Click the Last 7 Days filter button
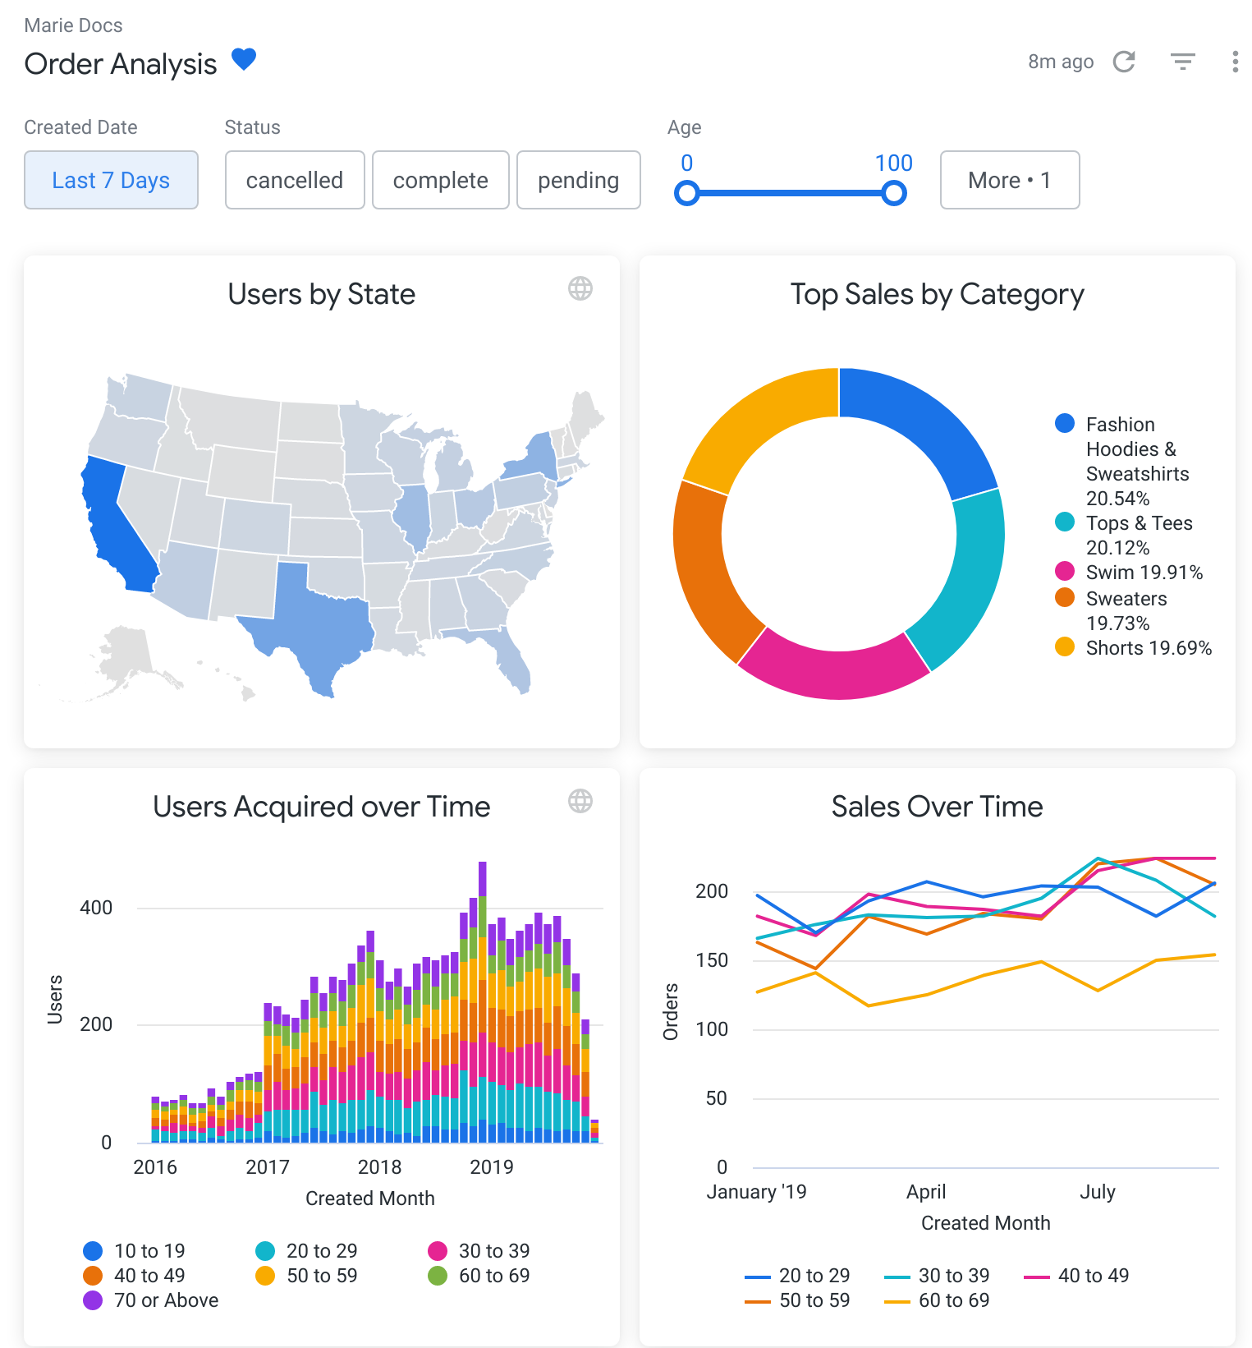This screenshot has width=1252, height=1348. click(111, 180)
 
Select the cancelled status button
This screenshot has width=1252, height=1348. click(295, 180)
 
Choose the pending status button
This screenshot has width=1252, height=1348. click(578, 180)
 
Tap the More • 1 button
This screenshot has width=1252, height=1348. click(1009, 180)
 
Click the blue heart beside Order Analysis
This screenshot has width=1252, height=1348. click(244, 60)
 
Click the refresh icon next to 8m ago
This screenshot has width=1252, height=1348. click(1124, 62)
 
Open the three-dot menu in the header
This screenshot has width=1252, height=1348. click(1235, 62)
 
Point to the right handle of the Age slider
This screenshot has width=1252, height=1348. click(893, 194)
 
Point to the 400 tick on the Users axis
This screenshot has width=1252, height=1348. click(96, 908)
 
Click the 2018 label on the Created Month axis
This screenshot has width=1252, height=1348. click(379, 1166)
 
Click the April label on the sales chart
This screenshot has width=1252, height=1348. click(926, 1191)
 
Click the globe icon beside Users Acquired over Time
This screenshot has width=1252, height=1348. click(580, 801)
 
